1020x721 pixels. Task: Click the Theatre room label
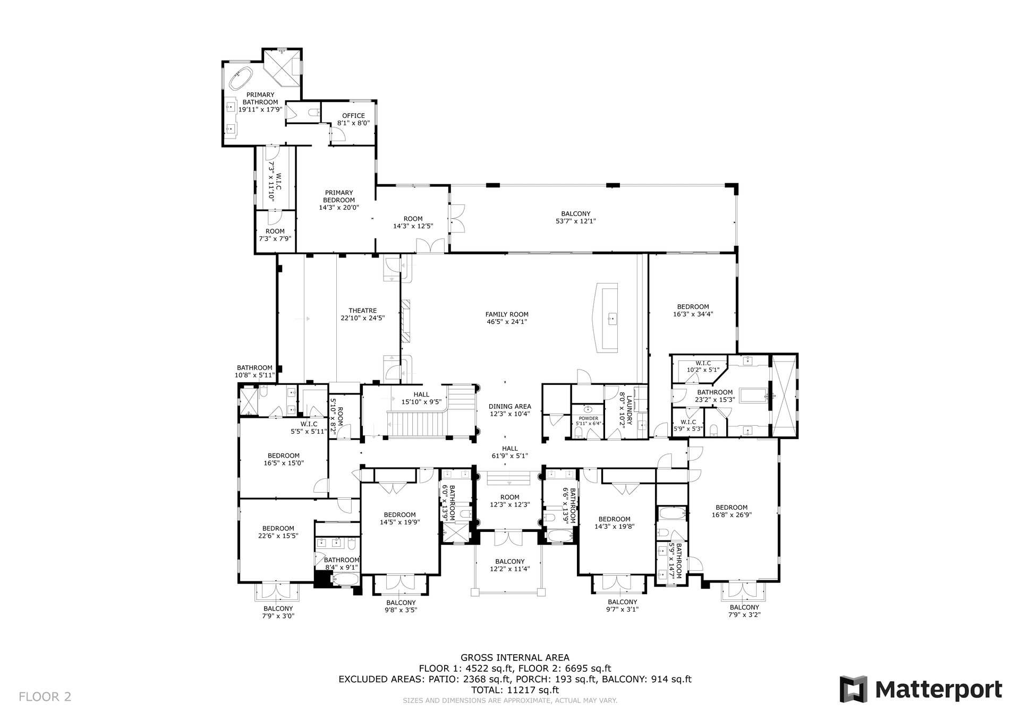coord(362,311)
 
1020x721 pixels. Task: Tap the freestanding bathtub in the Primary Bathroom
coord(240,79)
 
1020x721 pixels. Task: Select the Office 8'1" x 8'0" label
coord(353,119)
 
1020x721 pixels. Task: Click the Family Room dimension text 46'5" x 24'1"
coord(507,322)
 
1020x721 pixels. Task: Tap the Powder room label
coord(588,418)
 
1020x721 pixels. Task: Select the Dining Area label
coord(509,407)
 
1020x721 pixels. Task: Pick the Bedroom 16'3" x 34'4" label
coord(693,307)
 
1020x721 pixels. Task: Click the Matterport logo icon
coord(853,689)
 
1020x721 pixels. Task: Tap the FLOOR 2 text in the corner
coord(45,697)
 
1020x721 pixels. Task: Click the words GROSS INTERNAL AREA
coord(515,658)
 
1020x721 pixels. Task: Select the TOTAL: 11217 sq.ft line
coord(515,690)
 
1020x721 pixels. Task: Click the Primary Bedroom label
coord(338,196)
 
